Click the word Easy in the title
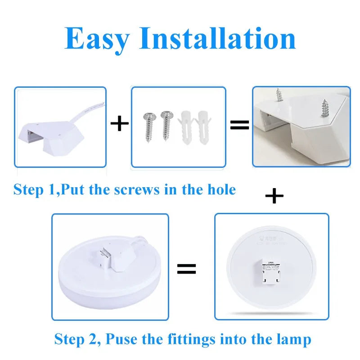tap(96, 39)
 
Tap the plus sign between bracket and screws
tap(119, 124)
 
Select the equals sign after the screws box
tap(239, 125)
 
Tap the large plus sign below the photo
tap(274, 196)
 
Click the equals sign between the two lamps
tap(186, 269)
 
